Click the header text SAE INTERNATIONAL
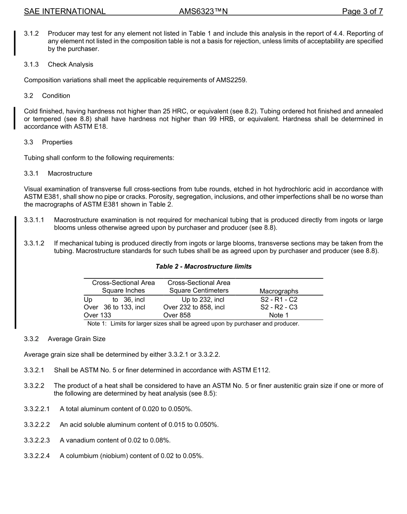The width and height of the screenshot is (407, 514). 65,12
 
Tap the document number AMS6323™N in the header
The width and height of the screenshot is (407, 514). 203,12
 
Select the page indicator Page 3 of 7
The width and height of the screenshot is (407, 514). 362,12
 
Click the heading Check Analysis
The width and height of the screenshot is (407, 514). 70,65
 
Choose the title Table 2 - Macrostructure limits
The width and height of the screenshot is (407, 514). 203,266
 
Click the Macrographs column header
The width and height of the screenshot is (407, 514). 279,291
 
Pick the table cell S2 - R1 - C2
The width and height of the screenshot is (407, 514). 279,299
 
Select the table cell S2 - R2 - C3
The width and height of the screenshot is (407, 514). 279,307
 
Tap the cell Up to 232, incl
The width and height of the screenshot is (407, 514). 203,299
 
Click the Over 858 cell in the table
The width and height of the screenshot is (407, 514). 177,315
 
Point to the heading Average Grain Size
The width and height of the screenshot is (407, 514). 76,339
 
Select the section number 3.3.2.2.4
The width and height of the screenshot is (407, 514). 37,456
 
